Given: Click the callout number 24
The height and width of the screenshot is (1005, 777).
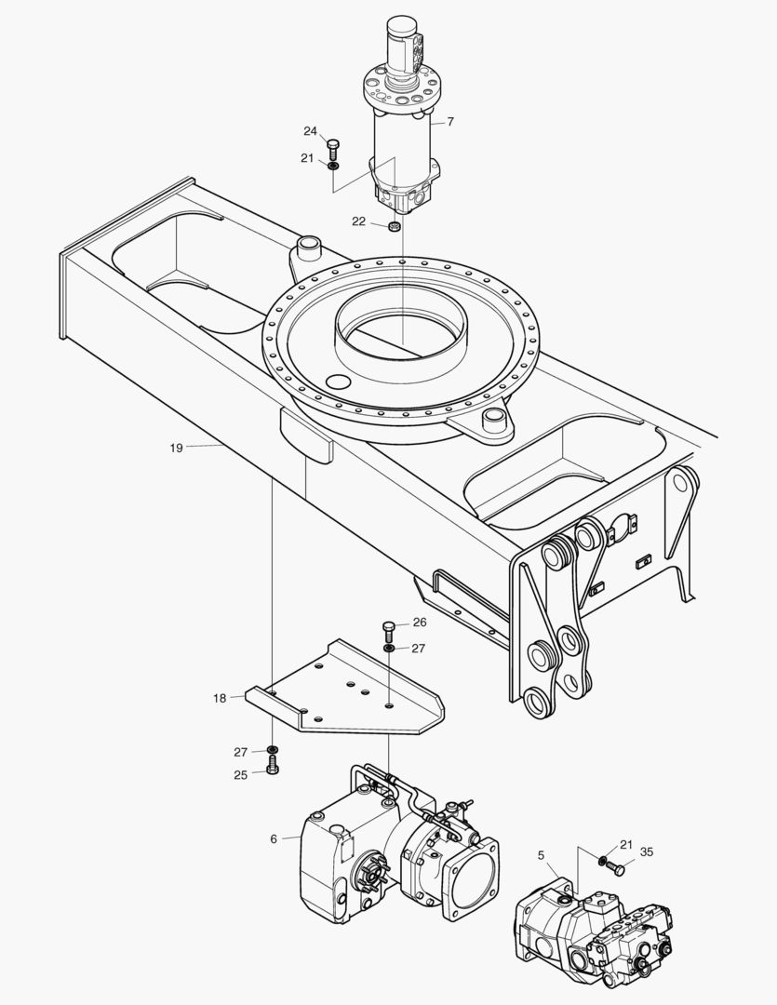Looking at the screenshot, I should coord(310,130).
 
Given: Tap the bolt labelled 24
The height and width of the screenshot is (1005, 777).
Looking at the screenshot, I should coord(333,147).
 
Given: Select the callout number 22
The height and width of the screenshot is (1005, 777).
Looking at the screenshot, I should coord(358,221).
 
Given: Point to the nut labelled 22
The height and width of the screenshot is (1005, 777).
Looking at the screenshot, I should coord(395,226).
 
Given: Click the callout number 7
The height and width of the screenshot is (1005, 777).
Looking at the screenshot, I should coord(450,122).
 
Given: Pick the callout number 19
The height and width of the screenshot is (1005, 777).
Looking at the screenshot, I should coord(176,448).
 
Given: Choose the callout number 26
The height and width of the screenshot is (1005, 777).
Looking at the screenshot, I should coord(419,623).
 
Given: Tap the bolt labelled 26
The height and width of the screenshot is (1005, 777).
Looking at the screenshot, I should coord(389,629).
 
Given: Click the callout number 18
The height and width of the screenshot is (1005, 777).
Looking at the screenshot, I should coord(220,697).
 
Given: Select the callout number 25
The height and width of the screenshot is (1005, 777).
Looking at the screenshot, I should coord(241,774).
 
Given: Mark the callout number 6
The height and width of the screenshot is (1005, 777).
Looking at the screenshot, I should coord(274,838).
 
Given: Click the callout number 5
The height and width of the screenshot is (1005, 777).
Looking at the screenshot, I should coord(543,854).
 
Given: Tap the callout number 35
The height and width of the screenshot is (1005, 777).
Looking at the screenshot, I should coord(647,851).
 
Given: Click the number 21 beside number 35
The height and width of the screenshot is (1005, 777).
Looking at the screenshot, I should coord(626,844).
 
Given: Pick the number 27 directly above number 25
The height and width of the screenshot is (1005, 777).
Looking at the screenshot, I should coord(241,751).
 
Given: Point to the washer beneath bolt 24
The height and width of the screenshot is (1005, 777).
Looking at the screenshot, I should coord(333,166).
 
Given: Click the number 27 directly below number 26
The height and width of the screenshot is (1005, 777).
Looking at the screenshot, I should coord(419,648).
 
